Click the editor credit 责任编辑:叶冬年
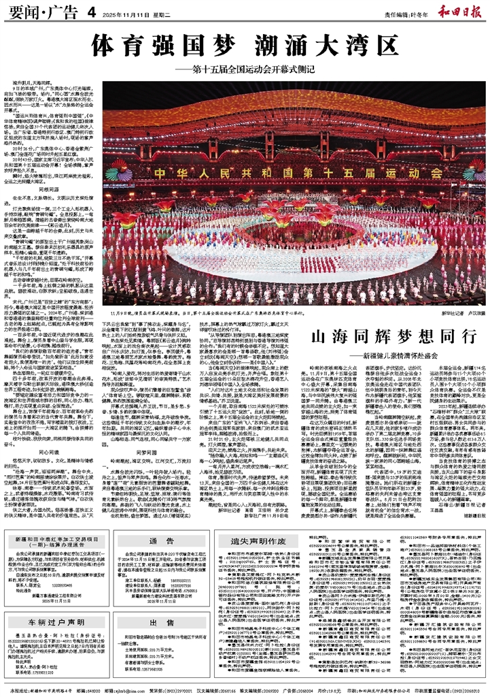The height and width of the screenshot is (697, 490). [x=396, y=12]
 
